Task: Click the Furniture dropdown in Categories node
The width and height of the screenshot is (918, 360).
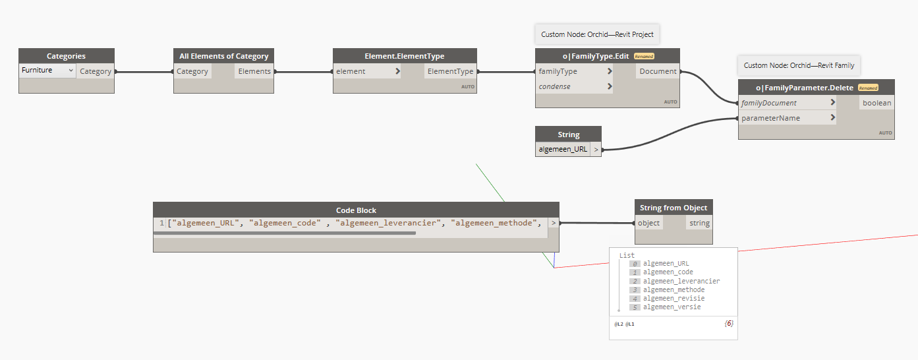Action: pyautogui.click(x=47, y=71)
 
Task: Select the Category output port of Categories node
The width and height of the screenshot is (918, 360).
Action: pyautogui.click(x=96, y=71)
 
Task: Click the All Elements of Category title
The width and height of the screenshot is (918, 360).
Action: pyautogui.click(x=223, y=56)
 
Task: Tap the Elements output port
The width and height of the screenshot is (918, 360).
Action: pyautogui.click(x=254, y=71)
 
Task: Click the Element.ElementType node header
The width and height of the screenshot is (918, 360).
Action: pyautogui.click(x=404, y=56)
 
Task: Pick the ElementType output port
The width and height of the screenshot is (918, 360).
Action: pyautogui.click(x=450, y=71)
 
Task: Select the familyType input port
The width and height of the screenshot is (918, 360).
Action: pyautogui.click(x=558, y=71)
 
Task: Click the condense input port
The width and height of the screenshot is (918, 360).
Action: pyautogui.click(x=555, y=86)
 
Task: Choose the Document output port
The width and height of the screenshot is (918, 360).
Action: pyautogui.click(x=658, y=71)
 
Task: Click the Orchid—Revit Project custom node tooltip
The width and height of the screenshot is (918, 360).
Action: pyautogui.click(x=598, y=34)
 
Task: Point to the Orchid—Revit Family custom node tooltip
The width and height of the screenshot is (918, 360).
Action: pyautogui.click(x=799, y=65)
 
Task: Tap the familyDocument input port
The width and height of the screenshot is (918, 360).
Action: pyautogui.click(x=768, y=103)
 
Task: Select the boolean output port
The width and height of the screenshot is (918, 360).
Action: pyautogui.click(x=876, y=103)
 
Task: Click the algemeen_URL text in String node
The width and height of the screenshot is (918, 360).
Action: pyautogui.click(x=563, y=150)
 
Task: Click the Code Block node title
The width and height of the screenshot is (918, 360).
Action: pyautogui.click(x=356, y=210)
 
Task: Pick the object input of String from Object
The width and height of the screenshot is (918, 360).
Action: pyautogui.click(x=648, y=223)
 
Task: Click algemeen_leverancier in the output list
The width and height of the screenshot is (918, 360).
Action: pyautogui.click(x=681, y=281)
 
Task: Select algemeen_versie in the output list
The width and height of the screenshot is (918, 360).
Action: pyautogui.click(x=672, y=307)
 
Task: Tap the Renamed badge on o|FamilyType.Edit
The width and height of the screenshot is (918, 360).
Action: pyautogui.click(x=644, y=57)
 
